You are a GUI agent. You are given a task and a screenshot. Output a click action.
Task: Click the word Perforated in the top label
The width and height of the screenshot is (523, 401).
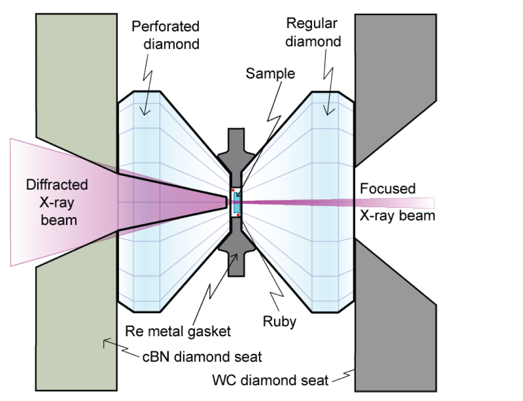tap(166, 27)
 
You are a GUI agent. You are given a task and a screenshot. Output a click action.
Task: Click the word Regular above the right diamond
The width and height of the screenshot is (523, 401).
tap(312, 24)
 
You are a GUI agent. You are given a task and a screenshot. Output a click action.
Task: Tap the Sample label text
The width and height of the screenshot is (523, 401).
tap(270, 74)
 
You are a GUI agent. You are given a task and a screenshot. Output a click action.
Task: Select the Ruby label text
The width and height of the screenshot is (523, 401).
tap(279, 321)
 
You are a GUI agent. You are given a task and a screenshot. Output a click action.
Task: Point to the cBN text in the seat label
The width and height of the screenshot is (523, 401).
tap(156, 357)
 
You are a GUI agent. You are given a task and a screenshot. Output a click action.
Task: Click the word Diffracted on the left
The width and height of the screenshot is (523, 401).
tap(57, 185)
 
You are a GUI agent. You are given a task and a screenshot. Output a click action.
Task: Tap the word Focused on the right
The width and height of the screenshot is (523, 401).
tap(387, 189)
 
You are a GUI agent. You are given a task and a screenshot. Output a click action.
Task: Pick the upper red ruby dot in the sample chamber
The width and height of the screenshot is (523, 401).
tap(233, 190)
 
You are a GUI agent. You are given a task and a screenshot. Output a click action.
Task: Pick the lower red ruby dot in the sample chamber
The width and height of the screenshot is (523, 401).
tap(238, 215)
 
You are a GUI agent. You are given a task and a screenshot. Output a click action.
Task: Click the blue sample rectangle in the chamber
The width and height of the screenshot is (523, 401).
tap(237, 203)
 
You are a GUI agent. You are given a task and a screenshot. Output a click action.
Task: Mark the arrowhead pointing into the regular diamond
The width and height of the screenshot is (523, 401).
tap(329, 112)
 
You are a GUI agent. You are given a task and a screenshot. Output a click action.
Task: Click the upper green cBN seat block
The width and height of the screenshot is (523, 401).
tap(75, 84)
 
